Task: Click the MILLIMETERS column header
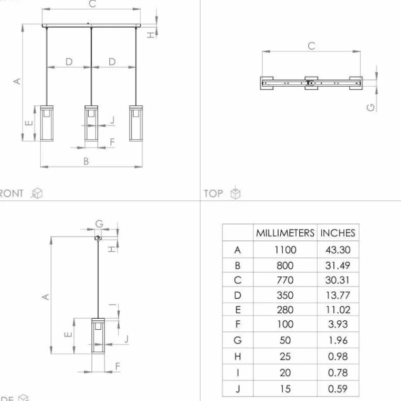pyautogui.click(x=285, y=233)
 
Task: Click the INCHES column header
pyautogui.click(x=338, y=233)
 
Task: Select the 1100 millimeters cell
pyautogui.click(x=285, y=250)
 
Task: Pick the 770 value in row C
pyautogui.click(x=285, y=280)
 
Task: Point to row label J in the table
pyautogui.click(x=238, y=388)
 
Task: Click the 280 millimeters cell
pyautogui.click(x=285, y=310)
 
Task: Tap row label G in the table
pyautogui.click(x=238, y=340)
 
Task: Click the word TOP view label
pyautogui.click(x=214, y=193)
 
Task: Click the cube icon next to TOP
pyautogui.click(x=236, y=193)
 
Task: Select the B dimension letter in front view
pyautogui.click(x=86, y=161)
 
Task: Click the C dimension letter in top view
pyautogui.click(x=311, y=46)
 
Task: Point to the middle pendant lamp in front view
pyautogui.click(x=91, y=123)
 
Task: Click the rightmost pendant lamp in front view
pyautogui.click(x=135, y=123)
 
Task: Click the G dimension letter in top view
pyautogui.click(x=371, y=106)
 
